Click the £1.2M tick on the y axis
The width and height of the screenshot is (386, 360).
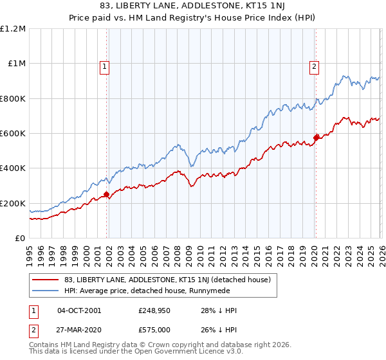coord(13,29)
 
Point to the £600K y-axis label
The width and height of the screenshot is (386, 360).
coord(13,134)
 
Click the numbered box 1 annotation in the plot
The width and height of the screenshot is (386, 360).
coord(104,65)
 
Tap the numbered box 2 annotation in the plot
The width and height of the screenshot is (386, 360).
coord(314,65)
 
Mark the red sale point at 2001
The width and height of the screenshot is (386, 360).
coord(106,194)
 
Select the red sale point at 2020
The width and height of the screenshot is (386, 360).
coord(316,138)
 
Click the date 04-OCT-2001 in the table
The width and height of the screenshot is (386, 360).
coord(78,310)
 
